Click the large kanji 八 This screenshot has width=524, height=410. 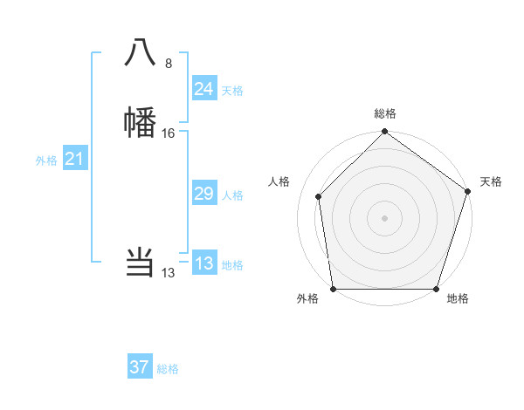(141, 53)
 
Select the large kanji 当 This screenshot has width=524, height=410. (141, 262)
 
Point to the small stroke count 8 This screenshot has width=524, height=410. (169, 63)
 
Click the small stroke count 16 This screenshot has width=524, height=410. (169, 133)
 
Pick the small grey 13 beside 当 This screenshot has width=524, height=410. (168, 273)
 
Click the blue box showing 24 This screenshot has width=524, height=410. (203, 89)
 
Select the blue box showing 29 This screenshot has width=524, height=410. (203, 194)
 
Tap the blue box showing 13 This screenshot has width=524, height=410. (203, 263)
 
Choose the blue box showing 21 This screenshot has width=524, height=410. (74, 159)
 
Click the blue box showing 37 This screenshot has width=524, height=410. (139, 367)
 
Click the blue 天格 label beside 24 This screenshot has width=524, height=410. (232, 91)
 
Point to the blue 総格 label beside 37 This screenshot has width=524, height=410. (168, 369)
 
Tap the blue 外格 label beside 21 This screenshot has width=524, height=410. (46, 161)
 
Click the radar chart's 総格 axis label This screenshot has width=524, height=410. (384, 113)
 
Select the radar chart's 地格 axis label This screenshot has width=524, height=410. (458, 299)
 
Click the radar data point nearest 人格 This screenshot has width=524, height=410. (319, 196)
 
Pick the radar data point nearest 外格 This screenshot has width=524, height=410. (334, 289)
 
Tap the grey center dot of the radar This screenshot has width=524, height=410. (384, 218)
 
